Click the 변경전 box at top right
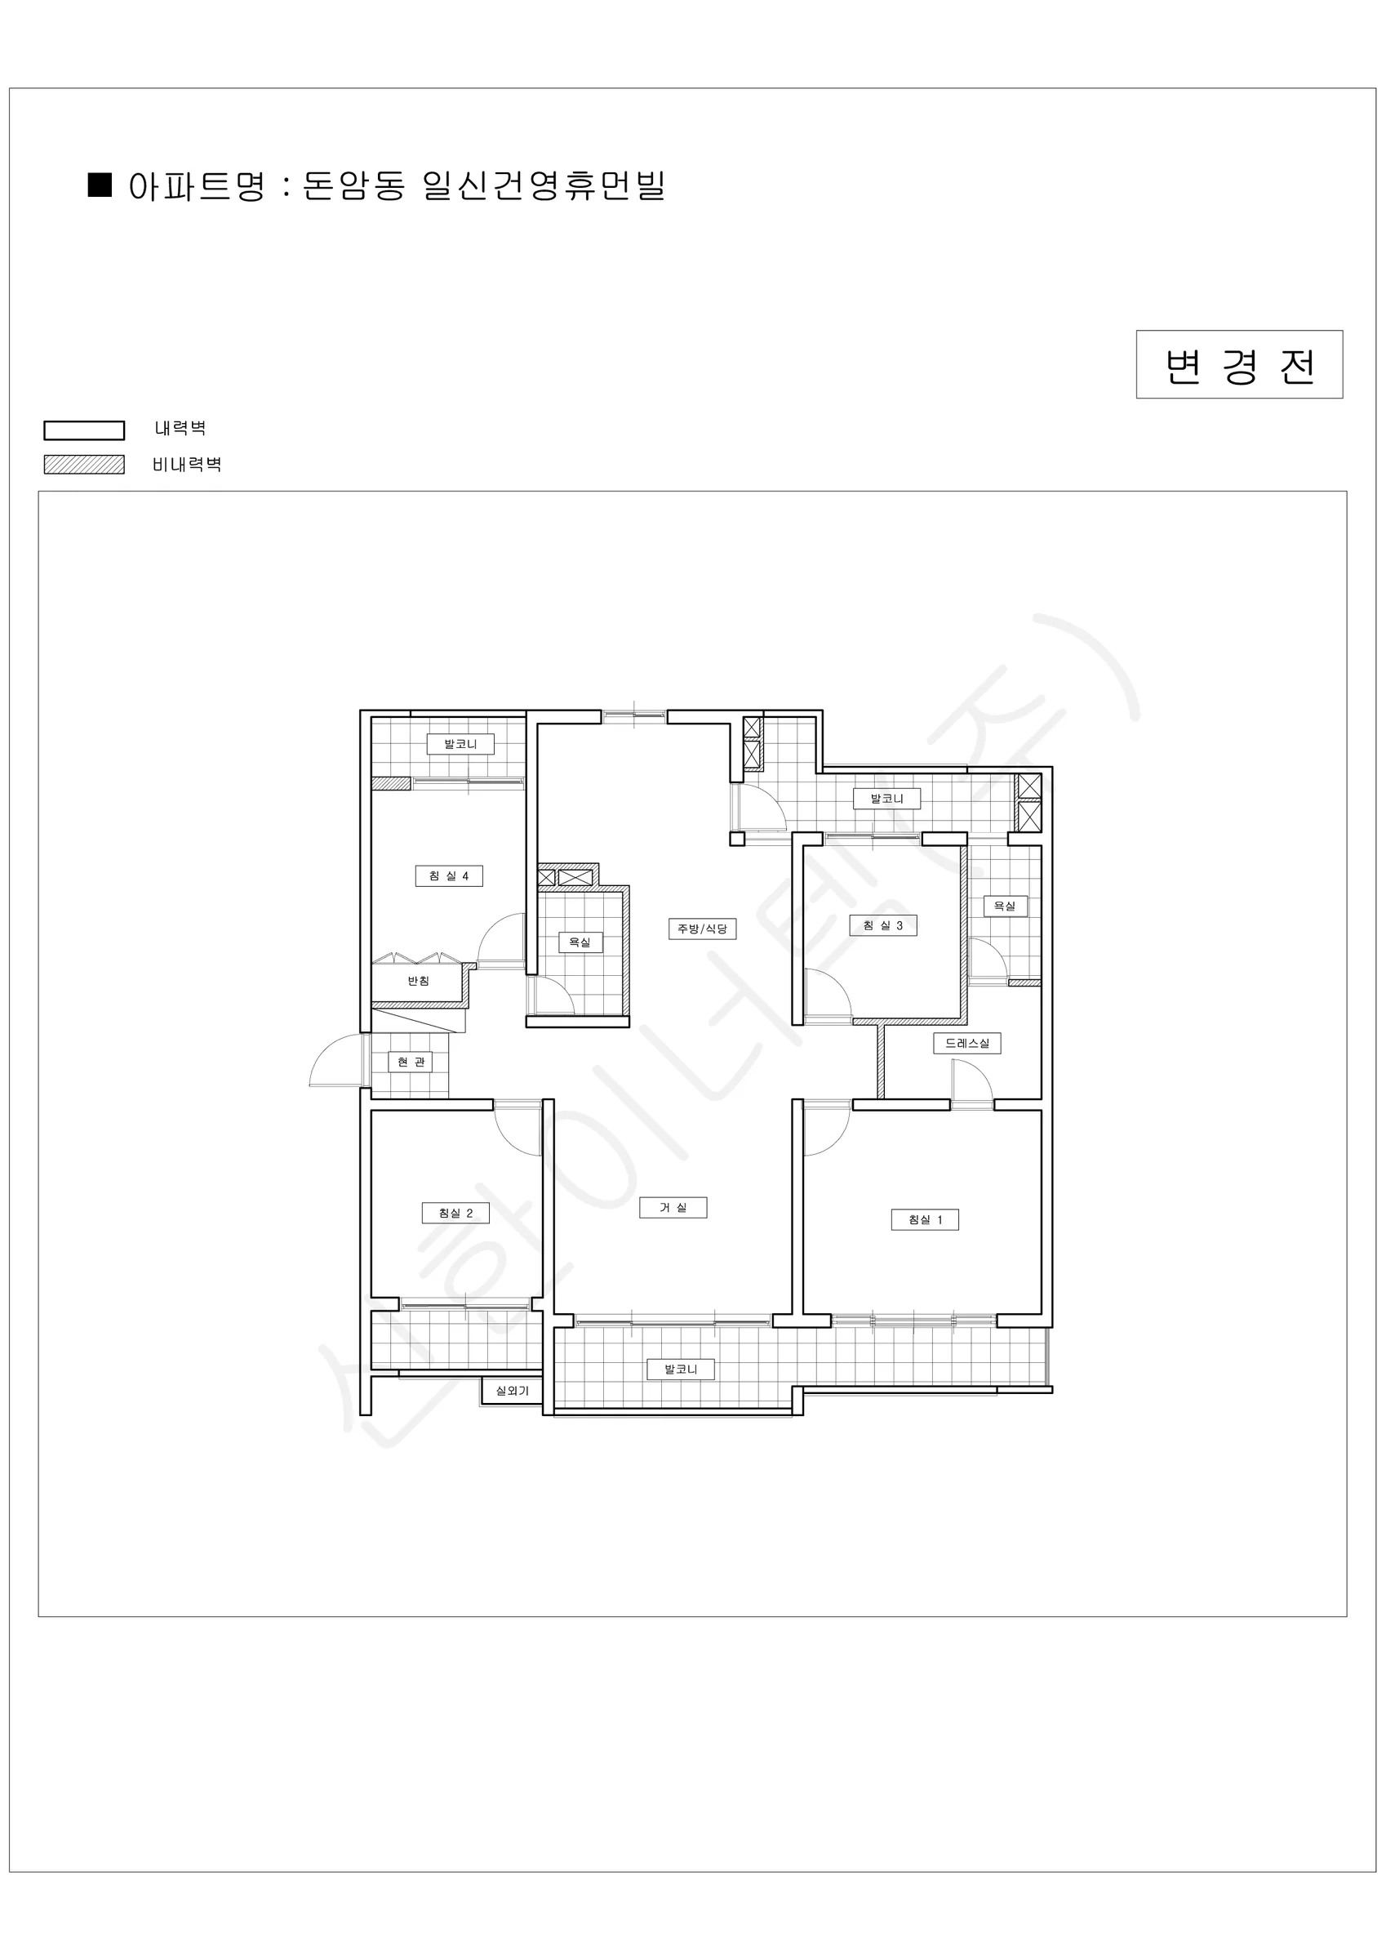pos(1239,364)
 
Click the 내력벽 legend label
pos(180,428)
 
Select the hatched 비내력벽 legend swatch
pos(85,465)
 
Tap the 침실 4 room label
pos(449,875)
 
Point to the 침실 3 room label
pos(883,925)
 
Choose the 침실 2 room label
pos(455,1213)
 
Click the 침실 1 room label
pos(925,1220)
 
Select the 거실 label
pos(673,1207)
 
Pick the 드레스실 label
pos(967,1043)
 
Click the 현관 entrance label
pos(411,1062)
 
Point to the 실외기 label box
pos(512,1391)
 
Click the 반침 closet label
pos(418,981)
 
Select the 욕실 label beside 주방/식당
pos(580,942)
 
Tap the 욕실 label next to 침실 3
pos(1006,906)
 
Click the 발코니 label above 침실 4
pos(461,744)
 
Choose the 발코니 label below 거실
pos(681,1370)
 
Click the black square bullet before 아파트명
pos(100,185)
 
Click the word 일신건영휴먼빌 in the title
pos(544,185)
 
